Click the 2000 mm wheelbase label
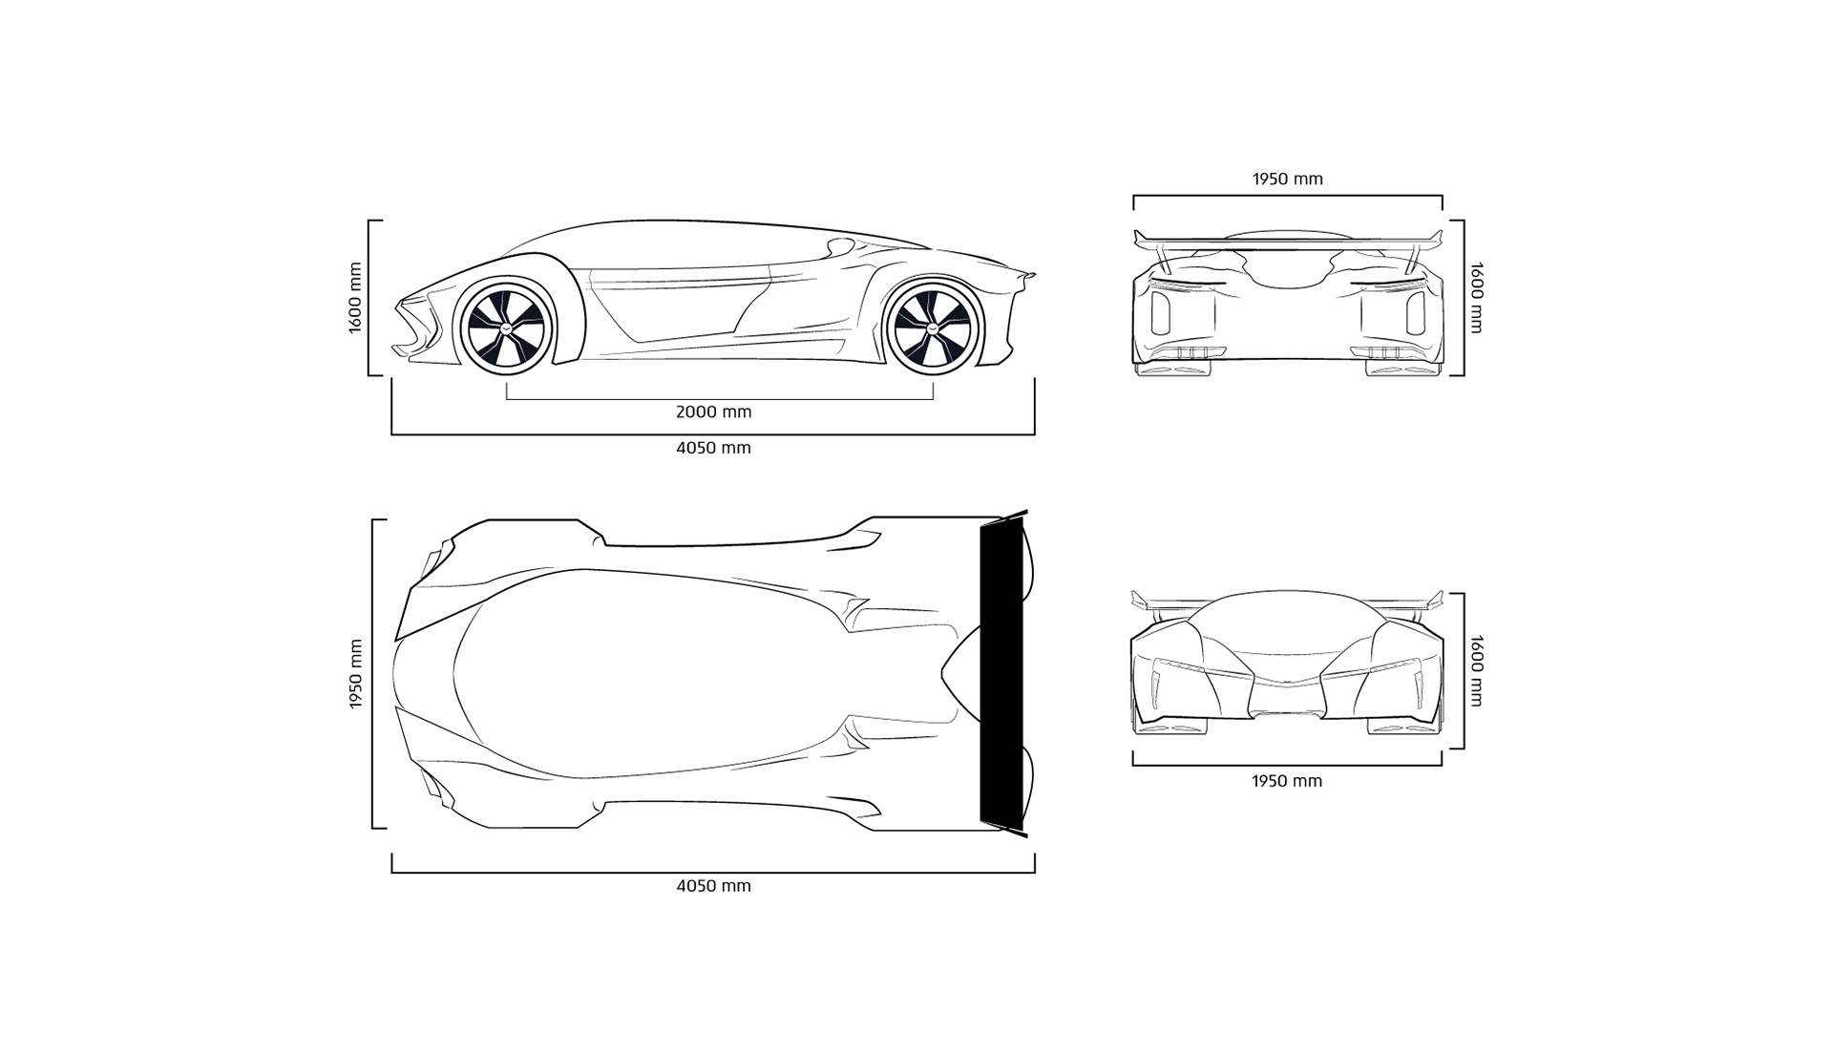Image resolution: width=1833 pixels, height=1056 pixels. pyautogui.click(x=713, y=412)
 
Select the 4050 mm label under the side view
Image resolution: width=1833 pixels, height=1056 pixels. pyautogui.click(x=713, y=448)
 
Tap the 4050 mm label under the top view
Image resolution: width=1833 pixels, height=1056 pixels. pyautogui.click(x=713, y=886)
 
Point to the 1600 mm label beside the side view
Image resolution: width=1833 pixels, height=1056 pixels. pyautogui.click(x=355, y=298)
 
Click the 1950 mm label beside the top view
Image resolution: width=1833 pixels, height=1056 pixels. pyautogui.click(x=355, y=674)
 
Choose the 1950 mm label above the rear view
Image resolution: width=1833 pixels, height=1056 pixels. pyautogui.click(x=1287, y=179)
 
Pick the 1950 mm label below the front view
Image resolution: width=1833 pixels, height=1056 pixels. pyautogui.click(x=1287, y=781)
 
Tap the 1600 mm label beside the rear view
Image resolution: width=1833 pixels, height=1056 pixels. pyautogui.click(x=1476, y=298)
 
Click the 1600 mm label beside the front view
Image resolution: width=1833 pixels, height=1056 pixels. pyautogui.click(x=1476, y=671)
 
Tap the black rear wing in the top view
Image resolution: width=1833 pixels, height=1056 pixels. pyautogui.click(x=1001, y=673)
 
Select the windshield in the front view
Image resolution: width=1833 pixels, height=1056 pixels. pyautogui.click(x=1286, y=621)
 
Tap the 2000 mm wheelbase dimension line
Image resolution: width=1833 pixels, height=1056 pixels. pyautogui.click(x=719, y=398)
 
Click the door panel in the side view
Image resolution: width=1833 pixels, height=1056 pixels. pyautogui.click(x=678, y=306)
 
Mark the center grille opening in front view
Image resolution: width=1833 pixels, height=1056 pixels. pyautogui.click(x=1286, y=702)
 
